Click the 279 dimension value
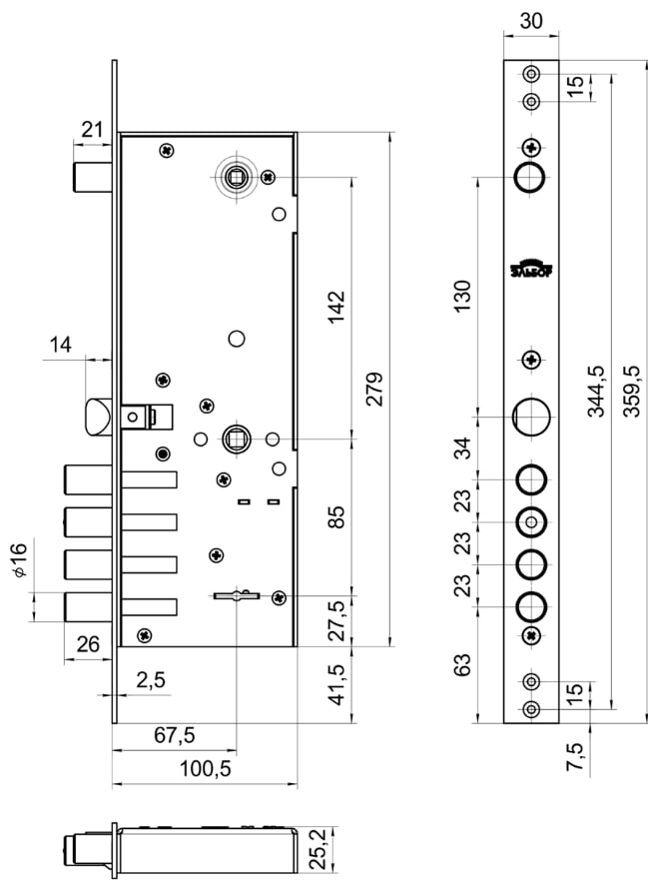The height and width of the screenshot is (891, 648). pos(373,391)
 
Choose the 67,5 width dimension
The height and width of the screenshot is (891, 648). pos(174,736)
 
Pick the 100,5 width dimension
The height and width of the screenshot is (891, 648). pos(204,769)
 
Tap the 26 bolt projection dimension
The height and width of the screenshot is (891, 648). pos(88,645)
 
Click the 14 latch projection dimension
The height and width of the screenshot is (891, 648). pos(60,346)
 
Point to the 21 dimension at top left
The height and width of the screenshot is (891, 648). pos(92,128)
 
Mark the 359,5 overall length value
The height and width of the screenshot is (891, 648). pos(631,391)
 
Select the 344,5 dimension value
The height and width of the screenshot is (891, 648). pos(596,391)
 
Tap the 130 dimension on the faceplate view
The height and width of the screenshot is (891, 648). pos(462,297)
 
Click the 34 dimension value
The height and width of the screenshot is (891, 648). pos(462,446)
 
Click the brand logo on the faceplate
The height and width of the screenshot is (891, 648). pos(531,267)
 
